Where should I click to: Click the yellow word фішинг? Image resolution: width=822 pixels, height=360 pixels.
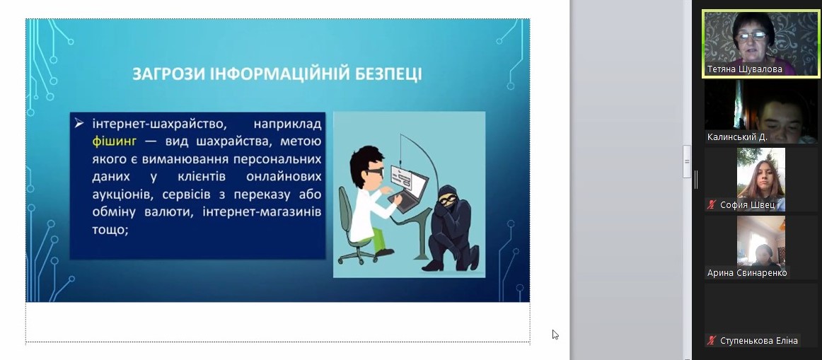(114, 141)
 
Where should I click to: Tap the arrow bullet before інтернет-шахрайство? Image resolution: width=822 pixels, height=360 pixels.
(79, 124)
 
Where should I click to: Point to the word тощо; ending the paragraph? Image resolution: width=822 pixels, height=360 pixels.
(110, 231)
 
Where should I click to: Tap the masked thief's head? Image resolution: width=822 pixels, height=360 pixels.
(448, 198)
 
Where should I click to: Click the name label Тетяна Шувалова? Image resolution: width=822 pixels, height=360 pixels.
(744, 69)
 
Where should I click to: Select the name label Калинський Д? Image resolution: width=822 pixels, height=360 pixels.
(737, 137)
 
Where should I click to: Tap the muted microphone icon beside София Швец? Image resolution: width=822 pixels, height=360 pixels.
(711, 204)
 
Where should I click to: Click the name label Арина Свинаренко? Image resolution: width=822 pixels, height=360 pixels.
(746, 273)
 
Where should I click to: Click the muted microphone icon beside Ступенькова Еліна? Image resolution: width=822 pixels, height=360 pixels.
(711, 341)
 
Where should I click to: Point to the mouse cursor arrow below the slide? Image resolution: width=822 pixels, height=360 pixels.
(555, 335)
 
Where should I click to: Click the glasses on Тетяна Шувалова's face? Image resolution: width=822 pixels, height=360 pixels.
(751, 35)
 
